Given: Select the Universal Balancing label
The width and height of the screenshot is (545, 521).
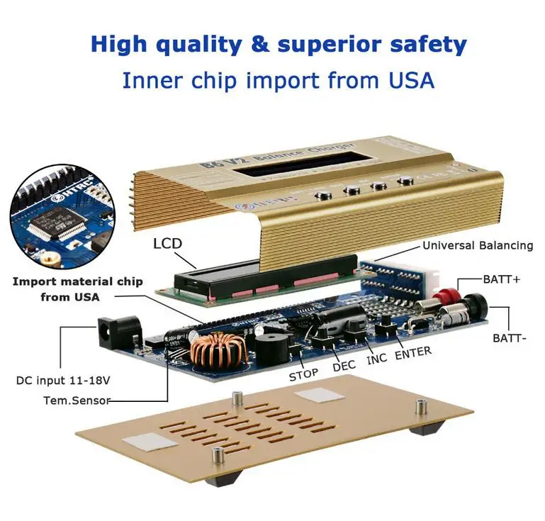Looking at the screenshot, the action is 477,245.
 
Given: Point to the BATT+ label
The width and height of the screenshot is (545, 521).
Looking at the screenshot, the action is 501,279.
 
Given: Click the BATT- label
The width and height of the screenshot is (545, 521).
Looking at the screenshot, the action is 510,338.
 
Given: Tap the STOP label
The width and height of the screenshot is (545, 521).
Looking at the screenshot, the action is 303,375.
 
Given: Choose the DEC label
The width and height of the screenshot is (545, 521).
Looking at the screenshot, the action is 344,367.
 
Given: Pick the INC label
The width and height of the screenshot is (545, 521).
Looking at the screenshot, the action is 376,359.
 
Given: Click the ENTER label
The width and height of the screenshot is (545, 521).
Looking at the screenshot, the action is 412,352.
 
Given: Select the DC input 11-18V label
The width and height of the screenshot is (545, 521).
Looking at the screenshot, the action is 63,381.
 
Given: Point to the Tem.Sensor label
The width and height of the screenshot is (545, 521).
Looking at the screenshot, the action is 77,400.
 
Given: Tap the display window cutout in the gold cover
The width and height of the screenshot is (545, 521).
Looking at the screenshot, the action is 290,166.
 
